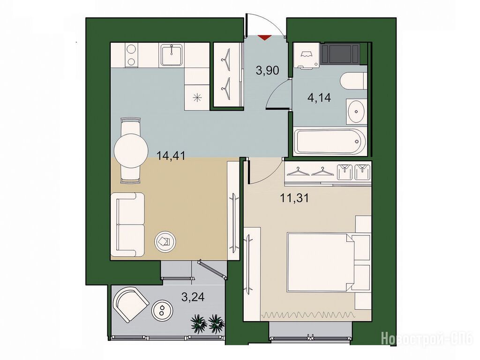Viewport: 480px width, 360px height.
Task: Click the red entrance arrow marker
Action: coord(264,37)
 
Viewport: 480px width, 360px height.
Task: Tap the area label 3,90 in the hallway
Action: coord(268,71)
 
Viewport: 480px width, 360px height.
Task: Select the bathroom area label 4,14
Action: coord(319,98)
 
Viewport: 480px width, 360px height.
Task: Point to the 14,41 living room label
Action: coord(171,156)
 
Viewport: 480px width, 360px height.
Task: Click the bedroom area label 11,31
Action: coord(294,198)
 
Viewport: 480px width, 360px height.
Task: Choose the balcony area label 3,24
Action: coord(193,297)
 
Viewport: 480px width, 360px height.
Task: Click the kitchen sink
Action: coord(172,55)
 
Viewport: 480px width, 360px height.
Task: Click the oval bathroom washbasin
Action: coord(357,112)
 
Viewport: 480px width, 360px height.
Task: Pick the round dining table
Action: coord(131,150)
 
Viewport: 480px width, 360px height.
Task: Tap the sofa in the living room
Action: coord(127,225)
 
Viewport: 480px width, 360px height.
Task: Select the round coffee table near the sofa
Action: coord(165,242)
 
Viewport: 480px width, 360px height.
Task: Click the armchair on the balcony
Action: coord(130,304)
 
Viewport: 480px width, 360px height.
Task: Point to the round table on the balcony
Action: coord(163,311)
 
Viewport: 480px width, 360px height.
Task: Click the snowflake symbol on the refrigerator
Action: coord(197,98)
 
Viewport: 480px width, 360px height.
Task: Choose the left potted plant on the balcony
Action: coord(199,322)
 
